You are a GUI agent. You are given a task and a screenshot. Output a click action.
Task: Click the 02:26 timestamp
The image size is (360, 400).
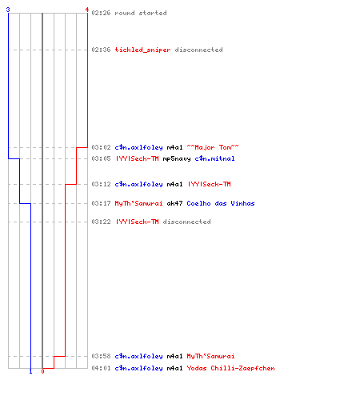[101, 13]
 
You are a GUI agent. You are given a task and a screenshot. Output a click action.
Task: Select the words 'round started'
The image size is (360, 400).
[141, 13]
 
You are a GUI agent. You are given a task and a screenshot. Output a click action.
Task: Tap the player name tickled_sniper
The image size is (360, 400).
[142, 50]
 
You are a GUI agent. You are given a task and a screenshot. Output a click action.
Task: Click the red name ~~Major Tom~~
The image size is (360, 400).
[213, 147]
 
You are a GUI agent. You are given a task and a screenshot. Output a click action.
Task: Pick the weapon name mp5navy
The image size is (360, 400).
[177, 159]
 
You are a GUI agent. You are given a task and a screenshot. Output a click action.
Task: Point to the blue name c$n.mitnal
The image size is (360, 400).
[214, 158]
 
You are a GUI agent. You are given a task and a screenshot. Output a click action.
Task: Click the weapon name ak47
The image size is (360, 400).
[174, 203]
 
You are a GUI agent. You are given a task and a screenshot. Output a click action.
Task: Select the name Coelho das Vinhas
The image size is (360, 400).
[221, 203]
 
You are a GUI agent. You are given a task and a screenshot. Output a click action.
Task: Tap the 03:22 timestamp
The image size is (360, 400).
[101, 222]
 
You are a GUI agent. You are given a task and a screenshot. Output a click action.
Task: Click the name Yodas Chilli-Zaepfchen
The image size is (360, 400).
[230, 368]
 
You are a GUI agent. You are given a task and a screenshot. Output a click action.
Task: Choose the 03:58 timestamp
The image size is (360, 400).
[101, 356]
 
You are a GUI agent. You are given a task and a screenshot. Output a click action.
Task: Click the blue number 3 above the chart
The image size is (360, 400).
[8, 10]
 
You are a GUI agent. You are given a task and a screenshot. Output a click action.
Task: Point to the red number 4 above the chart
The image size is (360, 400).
[87, 10]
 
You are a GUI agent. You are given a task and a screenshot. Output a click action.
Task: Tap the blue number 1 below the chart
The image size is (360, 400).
[30, 371]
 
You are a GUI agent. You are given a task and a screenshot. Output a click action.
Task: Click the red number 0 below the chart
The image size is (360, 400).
[42, 371]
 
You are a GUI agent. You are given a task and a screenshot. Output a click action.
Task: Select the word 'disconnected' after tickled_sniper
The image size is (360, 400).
[198, 50]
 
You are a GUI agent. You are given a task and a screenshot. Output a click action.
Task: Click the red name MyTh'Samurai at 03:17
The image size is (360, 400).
[138, 203]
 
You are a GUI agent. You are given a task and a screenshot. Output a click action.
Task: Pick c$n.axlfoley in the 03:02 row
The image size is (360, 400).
[138, 147]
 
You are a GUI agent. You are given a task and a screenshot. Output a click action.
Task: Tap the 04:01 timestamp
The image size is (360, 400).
[101, 368]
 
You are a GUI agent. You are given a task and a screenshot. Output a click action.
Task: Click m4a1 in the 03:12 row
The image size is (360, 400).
[174, 184]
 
